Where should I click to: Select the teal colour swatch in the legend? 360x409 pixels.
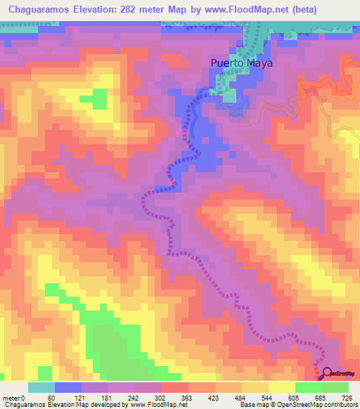click(41, 387)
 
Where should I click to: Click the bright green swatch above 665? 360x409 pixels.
click(309, 387)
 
